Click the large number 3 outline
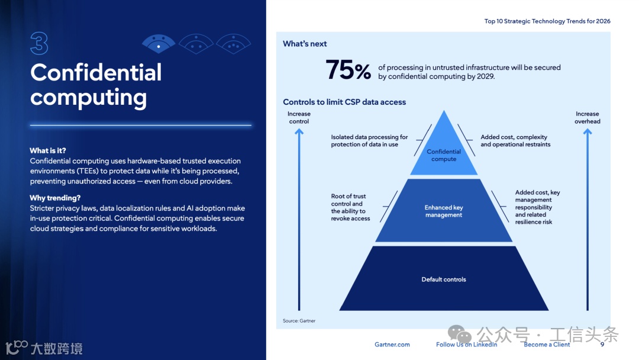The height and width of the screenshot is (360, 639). pyautogui.click(x=39, y=44)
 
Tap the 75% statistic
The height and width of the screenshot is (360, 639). pyautogui.click(x=348, y=70)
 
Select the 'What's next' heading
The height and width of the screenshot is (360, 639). pyautogui.click(x=305, y=44)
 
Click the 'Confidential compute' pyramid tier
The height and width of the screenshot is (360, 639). pyautogui.click(x=444, y=155)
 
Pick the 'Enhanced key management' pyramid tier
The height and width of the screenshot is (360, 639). pyautogui.click(x=444, y=211)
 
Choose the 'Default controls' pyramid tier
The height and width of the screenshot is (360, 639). pyautogui.click(x=444, y=279)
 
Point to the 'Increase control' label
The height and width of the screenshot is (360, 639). pyautogui.click(x=299, y=117)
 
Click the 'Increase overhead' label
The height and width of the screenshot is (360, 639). pyautogui.click(x=587, y=117)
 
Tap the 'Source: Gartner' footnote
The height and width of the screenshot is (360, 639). pyautogui.click(x=299, y=321)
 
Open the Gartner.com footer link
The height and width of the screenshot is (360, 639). pyautogui.click(x=392, y=345)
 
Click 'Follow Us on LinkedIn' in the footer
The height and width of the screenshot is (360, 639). pyautogui.click(x=466, y=345)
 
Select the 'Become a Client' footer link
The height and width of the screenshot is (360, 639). pyautogui.click(x=547, y=345)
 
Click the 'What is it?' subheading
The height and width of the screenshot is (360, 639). pyautogui.click(x=48, y=150)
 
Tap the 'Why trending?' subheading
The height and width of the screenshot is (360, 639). pyautogui.click(x=55, y=198)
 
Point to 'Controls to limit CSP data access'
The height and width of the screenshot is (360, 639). pyautogui.click(x=344, y=102)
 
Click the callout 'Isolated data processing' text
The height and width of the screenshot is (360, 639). pyautogui.click(x=369, y=141)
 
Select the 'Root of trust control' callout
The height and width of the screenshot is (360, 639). pyautogui.click(x=350, y=207)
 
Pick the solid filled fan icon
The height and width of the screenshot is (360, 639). pyautogui.click(x=159, y=43)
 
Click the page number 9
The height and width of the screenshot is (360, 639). pyautogui.click(x=602, y=345)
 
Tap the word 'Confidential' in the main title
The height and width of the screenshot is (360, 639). pyautogui.click(x=96, y=73)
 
